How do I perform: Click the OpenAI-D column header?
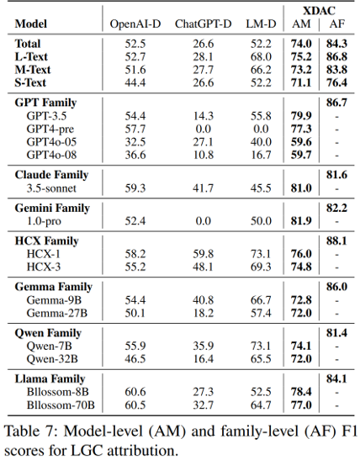pos(135,24)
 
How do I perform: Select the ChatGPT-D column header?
pos(203,24)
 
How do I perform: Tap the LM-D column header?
pos(261,24)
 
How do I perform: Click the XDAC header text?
pos(319,11)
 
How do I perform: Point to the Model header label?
pos(31,24)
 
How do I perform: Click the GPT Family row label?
pos(45,103)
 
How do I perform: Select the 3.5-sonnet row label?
pos(51,188)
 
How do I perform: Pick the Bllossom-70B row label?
pos(61,404)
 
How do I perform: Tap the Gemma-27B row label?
pos(57,313)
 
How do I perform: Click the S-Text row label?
pos(30,82)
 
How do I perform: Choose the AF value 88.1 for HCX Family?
pos(336,241)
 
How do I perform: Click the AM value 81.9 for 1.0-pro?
pos(301,220)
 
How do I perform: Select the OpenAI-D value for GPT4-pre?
pos(135,129)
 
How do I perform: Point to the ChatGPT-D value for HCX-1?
pos(203,254)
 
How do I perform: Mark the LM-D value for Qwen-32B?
pos(261,359)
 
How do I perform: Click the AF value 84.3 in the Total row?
pos(336,44)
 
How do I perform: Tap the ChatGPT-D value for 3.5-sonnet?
pos(203,188)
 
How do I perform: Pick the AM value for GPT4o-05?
pos(301,141)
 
